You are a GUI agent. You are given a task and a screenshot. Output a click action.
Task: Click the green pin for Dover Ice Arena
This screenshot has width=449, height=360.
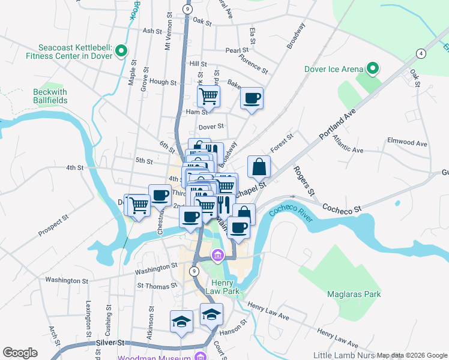click(x=373, y=69)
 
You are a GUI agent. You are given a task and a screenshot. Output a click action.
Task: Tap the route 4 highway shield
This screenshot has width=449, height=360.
click(x=423, y=53)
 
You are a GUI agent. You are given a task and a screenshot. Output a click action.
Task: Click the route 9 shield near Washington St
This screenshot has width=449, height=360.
click(x=194, y=272)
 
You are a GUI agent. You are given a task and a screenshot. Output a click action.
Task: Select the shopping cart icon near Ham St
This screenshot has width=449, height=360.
click(x=208, y=95)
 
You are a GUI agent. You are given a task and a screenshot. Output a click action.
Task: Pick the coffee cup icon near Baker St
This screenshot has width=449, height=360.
click(x=252, y=97)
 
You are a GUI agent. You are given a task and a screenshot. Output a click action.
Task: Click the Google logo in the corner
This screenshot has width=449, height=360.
click(x=20, y=353)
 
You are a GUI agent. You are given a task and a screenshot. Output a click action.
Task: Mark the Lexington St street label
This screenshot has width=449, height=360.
click(x=89, y=319)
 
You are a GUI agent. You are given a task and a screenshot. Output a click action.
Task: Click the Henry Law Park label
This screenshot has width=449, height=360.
click(x=225, y=287)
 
